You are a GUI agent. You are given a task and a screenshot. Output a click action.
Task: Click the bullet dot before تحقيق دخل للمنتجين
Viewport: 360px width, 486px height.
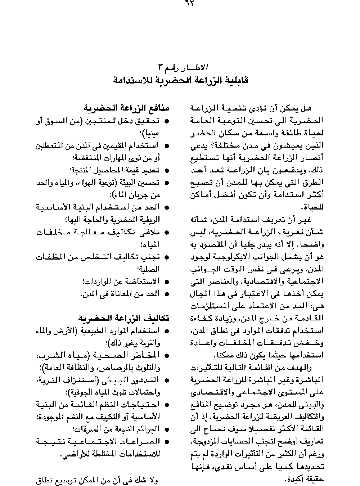click(167, 122)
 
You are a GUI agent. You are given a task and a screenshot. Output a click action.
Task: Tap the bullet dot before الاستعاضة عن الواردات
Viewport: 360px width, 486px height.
click(167, 282)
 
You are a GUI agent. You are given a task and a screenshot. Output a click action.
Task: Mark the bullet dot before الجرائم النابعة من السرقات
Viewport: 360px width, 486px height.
click(167, 429)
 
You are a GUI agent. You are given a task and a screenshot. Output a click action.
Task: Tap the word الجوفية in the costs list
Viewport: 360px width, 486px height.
click(78, 392)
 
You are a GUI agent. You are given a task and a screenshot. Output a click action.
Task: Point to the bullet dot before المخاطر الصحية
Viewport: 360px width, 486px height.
click(167, 355)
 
